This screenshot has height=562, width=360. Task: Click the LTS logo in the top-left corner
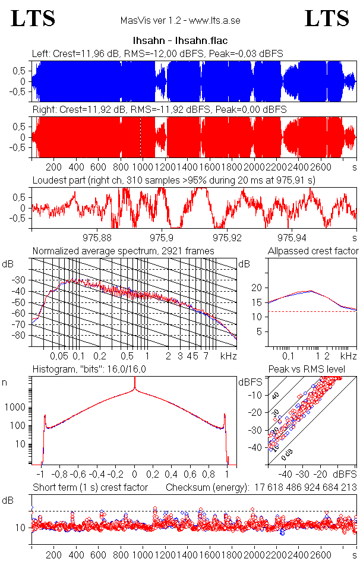(33, 18)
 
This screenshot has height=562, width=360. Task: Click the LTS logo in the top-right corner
(327, 18)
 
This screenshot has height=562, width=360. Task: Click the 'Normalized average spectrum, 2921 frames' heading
(123, 251)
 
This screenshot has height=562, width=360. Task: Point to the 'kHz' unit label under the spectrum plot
(228, 356)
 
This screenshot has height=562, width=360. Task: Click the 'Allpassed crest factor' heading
(312, 251)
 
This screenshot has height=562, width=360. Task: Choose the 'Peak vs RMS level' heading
(315, 370)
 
